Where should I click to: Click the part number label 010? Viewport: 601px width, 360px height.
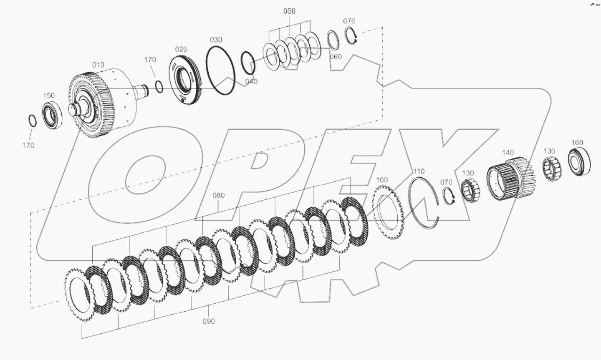tap(98, 65)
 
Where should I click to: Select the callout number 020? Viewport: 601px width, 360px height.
tap(181, 49)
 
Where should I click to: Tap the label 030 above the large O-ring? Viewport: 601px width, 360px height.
tap(216, 40)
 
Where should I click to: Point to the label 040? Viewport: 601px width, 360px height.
tap(251, 81)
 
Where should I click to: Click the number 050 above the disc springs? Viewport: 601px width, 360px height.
tap(289, 11)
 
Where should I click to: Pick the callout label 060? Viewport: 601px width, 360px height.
tap(336, 57)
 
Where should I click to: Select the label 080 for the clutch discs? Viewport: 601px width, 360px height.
tap(219, 195)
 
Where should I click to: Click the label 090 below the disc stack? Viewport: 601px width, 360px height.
tap(209, 321)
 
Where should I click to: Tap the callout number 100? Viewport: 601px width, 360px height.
tap(382, 180)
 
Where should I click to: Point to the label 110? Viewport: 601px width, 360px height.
tap(419, 171)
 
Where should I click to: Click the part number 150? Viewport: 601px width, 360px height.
tap(49, 96)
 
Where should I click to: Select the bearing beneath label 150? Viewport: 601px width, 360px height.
tap(53, 114)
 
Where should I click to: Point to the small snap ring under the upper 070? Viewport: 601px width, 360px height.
tap(351, 36)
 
